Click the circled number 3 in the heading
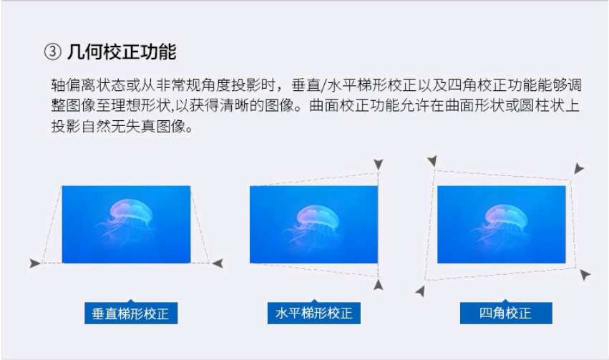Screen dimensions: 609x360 pos(52,52)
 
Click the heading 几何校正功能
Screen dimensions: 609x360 pos(122,52)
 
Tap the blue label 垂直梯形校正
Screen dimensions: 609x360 pos(131,313)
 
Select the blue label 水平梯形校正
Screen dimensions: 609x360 pos(314,313)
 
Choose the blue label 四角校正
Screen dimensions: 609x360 pos(506,313)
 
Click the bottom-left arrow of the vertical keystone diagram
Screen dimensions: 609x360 pos(35,263)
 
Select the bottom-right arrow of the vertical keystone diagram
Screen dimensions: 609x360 pos(218,263)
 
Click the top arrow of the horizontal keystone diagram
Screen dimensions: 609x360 pos(379,164)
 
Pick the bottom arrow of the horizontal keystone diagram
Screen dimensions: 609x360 pos(379,285)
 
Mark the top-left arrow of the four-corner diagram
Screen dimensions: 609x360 pos(432,161)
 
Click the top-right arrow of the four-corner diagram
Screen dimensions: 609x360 pos(579,168)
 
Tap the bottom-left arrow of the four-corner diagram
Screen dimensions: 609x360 pos(420,291)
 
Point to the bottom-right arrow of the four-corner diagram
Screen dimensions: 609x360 pos(585,275)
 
